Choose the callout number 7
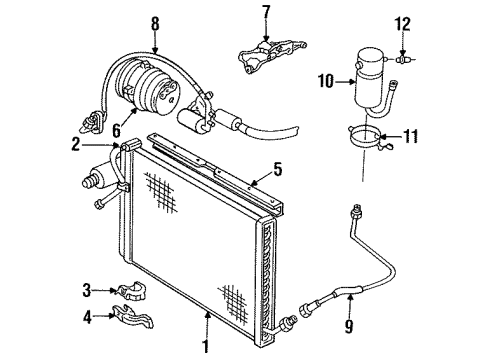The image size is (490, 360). tap(265, 13)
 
